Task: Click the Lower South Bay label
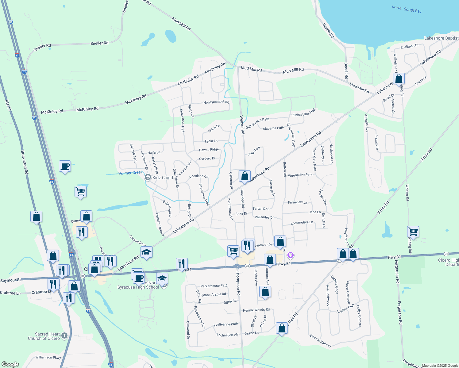pos(407,9)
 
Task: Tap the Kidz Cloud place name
pos(163,178)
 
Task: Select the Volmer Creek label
pos(131,173)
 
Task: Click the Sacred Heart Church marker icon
pos(64,335)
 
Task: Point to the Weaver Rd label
pos(242,125)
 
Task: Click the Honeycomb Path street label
pos(216,102)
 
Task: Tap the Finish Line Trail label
pos(304,113)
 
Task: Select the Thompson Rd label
pos(238,283)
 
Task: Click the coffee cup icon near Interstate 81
pos(65,167)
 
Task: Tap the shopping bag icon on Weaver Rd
pos(245,176)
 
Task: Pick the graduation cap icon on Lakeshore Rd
pos(146,252)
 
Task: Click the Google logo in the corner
pos(10,364)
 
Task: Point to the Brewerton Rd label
pos(25,163)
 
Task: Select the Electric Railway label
pos(321,341)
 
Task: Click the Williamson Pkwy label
pos(48,357)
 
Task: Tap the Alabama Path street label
pos(273,128)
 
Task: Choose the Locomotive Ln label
pos(302,222)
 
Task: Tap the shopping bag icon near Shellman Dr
pos(399,79)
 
